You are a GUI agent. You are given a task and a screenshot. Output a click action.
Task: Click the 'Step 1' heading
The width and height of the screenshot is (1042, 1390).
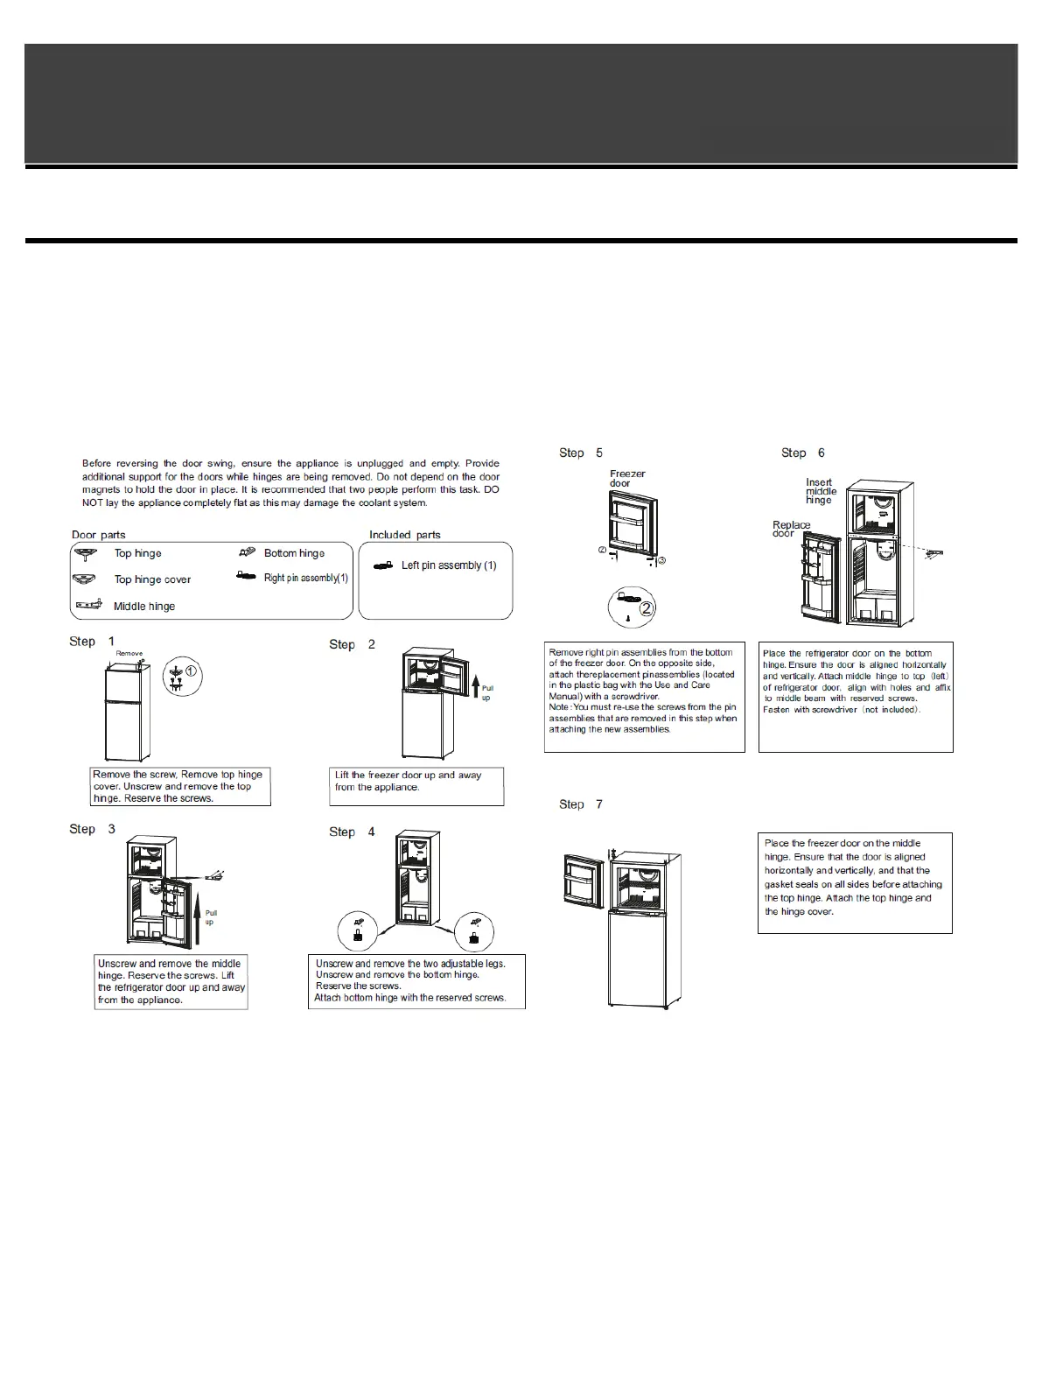(x=92, y=642)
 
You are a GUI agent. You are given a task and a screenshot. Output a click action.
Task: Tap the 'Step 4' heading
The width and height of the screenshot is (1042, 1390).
(x=352, y=832)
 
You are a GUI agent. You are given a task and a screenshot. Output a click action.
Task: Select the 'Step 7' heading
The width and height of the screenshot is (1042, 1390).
(x=581, y=804)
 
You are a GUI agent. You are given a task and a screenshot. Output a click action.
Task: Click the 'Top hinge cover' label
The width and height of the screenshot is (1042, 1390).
(x=152, y=579)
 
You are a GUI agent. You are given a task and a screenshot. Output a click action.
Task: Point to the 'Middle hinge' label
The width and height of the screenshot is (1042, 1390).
(x=144, y=607)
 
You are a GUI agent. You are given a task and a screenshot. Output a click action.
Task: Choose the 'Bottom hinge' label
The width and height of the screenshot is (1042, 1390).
(x=294, y=553)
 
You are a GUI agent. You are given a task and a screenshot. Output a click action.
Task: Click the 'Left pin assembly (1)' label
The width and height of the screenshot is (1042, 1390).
(x=449, y=565)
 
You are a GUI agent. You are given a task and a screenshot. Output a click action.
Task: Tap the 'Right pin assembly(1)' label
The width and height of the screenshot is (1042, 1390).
(x=306, y=578)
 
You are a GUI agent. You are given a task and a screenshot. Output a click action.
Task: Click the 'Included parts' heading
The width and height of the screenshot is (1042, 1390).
(x=405, y=535)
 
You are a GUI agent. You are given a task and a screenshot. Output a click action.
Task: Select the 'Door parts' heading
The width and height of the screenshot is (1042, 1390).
(x=99, y=535)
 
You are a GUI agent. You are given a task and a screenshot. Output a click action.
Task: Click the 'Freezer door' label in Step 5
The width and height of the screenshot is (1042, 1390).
(x=627, y=479)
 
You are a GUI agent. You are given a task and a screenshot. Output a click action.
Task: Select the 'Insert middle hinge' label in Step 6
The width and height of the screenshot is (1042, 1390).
(x=821, y=491)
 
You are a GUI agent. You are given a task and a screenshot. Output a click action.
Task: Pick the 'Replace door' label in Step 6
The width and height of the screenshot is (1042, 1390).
(x=791, y=529)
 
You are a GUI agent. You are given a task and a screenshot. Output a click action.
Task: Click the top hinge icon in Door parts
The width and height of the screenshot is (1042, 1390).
(x=86, y=554)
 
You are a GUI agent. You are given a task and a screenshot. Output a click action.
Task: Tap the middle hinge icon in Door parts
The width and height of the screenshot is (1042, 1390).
(x=89, y=606)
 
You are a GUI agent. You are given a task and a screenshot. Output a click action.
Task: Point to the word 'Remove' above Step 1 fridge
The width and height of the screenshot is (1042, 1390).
(x=129, y=654)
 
